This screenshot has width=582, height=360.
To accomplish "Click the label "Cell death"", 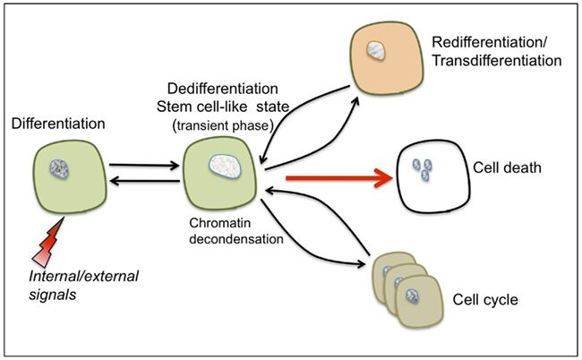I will [x=502, y=168].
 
